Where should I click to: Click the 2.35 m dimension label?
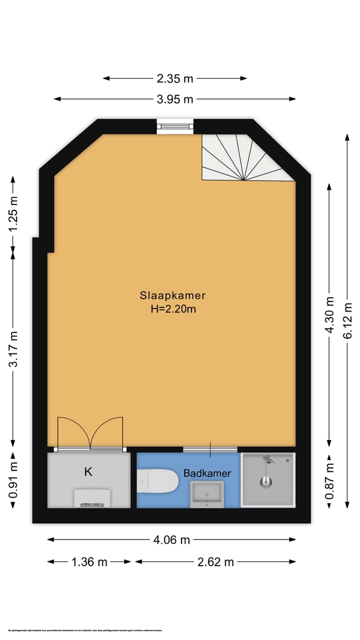(x=175, y=78)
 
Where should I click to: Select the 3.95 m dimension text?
(x=175, y=99)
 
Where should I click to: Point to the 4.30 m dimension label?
(x=329, y=315)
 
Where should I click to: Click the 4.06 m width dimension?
(x=171, y=539)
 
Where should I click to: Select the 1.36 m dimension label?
(x=89, y=561)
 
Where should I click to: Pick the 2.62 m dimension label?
(x=215, y=561)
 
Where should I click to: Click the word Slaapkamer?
(x=172, y=295)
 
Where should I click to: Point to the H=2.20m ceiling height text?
(x=172, y=309)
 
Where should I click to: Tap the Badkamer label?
(x=207, y=473)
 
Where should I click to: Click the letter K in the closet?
(x=88, y=471)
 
